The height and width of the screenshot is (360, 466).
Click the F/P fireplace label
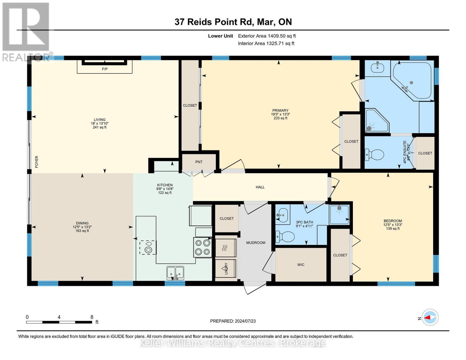click(104, 69)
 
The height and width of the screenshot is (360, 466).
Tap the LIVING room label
click(99, 119)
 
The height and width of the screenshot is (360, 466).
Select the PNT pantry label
click(199, 162)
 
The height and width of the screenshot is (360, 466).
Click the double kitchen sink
click(175, 273)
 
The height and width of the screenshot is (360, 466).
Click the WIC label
click(301, 265)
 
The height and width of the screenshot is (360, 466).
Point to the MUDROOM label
click(256, 243)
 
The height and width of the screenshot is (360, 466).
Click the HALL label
click(260, 187)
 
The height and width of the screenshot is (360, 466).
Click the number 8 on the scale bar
click(92, 317)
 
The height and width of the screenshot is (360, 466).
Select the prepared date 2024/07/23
click(233, 321)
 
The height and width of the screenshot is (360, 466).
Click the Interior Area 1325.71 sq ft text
click(266, 43)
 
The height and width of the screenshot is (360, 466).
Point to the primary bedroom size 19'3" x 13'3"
click(280, 114)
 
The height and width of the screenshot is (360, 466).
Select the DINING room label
click(82, 223)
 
